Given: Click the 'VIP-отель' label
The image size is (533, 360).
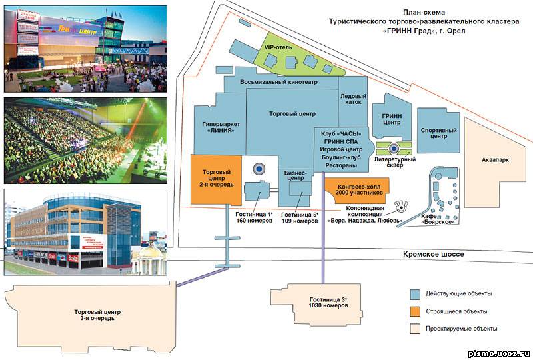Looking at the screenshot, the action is pos(278,47).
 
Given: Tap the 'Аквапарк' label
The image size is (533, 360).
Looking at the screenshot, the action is pos(495,159).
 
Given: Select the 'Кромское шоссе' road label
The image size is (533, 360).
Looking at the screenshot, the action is pos(434,254).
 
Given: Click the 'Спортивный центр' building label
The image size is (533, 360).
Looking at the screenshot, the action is pos(438,133).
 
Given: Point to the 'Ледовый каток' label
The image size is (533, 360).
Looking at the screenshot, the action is pos(353,99).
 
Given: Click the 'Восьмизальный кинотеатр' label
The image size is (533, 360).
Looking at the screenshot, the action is pos(278,82).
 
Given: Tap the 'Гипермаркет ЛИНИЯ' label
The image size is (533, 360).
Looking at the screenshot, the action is pos(221,127).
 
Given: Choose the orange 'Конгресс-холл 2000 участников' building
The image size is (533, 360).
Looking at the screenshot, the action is pos(357,191).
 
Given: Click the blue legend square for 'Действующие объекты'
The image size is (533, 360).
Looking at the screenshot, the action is pos(415,294).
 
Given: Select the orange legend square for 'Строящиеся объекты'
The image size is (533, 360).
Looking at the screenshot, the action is pos(415,311).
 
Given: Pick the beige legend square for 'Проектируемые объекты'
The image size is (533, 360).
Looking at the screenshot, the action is pos(415,329).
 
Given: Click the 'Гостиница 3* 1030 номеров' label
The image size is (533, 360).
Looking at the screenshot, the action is pos(328,303).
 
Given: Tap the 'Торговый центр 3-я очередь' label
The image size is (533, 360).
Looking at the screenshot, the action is pos(97,315).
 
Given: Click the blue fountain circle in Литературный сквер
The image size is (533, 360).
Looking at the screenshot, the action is pos(394,148).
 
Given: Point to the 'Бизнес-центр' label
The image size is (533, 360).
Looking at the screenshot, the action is pos(295,175).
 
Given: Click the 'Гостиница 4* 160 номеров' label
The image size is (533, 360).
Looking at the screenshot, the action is pos(255,217).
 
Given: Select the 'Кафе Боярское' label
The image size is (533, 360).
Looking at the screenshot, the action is pos(438,219).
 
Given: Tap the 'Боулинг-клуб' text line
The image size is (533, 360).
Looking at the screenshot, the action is pos(341,157).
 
